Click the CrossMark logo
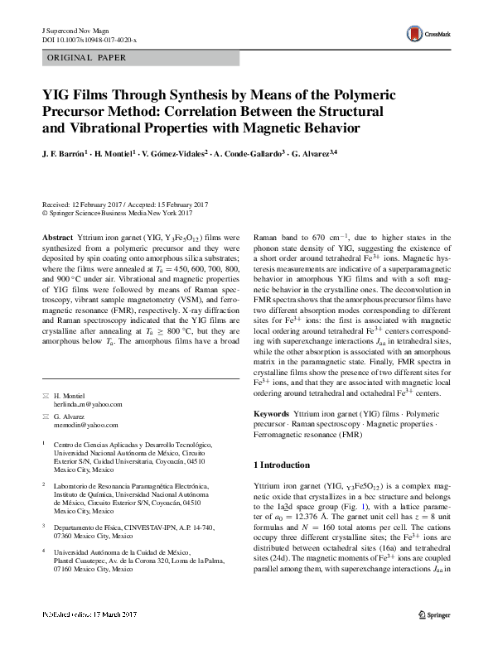coord(422,34)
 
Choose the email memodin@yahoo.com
coord(85,424)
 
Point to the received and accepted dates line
coord(124,205)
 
